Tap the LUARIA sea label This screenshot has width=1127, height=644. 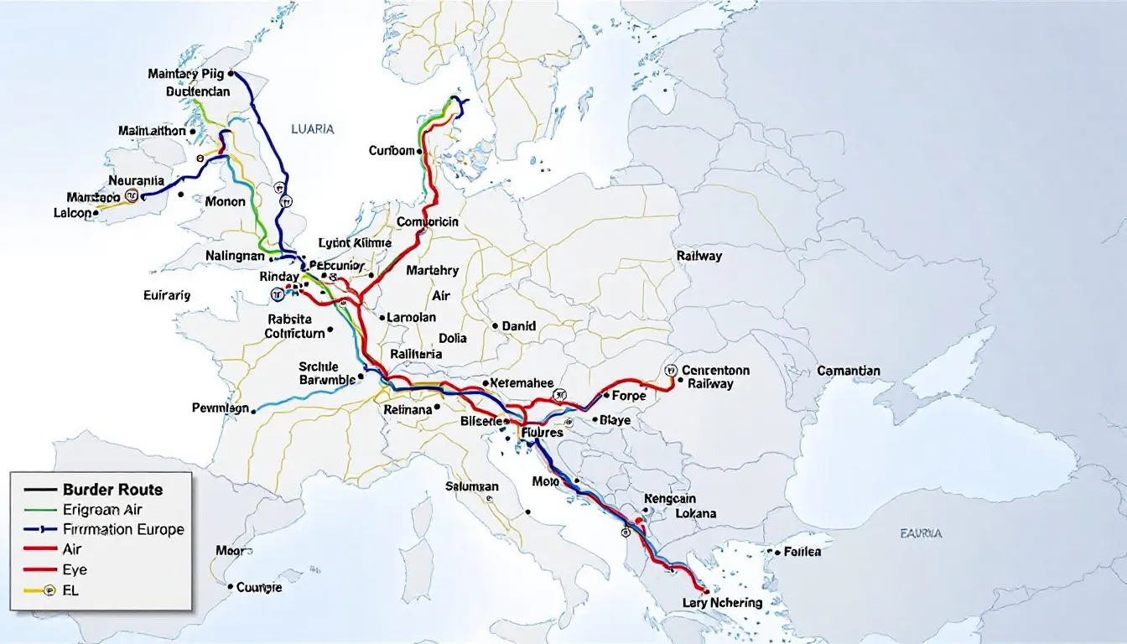click(x=312, y=129)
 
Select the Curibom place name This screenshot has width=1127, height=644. click(x=392, y=151)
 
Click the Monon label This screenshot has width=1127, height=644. click(x=225, y=201)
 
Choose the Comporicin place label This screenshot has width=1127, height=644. click(x=427, y=222)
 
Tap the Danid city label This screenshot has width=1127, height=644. click(x=518, y=326)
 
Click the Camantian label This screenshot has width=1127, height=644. click(x=849, y=371)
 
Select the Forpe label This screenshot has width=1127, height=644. click(x=629, y=395)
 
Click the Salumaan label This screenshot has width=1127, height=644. click(x=472, y=486)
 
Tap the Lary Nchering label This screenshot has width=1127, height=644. click(x=722, y=602)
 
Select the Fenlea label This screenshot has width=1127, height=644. click(x=802, y=552)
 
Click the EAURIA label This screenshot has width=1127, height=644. click(x=921, y=532)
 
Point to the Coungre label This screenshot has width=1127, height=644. click(x=259, y=587)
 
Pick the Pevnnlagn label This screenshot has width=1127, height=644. click(x=221, y=408)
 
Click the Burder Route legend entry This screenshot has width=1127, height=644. click(x=112, y=490)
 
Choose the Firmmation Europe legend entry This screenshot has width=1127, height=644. click(x=122, y=529)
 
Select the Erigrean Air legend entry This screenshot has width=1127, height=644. click(x=102, y=509)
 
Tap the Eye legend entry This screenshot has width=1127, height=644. click(x=75, y=569)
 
